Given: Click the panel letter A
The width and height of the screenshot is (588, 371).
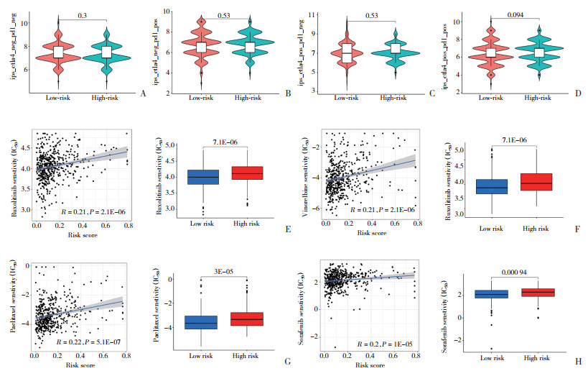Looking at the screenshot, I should point(144,95).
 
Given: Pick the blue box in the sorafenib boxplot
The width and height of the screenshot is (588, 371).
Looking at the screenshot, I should point(492,293).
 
